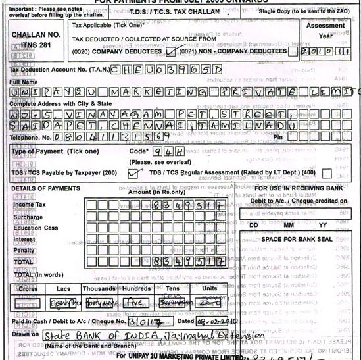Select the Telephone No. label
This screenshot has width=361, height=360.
(30, 138)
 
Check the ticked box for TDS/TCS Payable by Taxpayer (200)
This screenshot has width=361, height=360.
(135, 173)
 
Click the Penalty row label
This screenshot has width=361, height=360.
(24, 250)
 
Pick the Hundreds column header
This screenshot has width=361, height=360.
(135, 288)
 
